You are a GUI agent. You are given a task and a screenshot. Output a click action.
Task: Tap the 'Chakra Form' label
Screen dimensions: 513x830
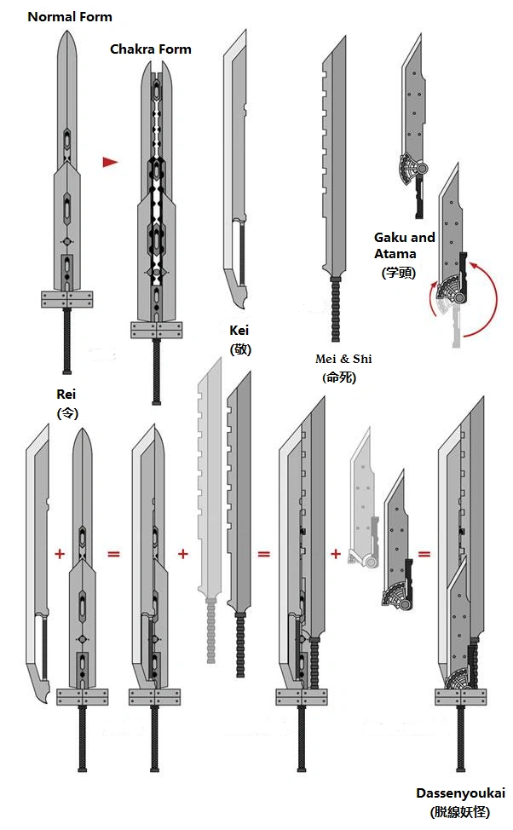[151, 49]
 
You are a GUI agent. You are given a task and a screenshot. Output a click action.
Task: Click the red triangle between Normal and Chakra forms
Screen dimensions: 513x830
[109, 162]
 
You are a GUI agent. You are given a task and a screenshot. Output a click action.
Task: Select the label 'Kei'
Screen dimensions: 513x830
[239, 330]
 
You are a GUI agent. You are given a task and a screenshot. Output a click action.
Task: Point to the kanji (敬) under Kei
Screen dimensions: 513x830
[239, 349]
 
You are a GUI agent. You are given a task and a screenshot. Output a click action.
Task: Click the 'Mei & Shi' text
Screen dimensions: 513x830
[343, 359]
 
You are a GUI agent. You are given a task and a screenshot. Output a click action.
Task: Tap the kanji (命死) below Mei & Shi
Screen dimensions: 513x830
[341, 378]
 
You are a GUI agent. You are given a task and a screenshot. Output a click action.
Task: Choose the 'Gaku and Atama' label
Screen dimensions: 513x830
[404, 245]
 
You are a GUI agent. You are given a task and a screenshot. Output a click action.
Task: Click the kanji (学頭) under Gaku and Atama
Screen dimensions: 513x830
[398, 273]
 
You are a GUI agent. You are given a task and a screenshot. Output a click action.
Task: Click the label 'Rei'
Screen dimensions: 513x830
[66, 394]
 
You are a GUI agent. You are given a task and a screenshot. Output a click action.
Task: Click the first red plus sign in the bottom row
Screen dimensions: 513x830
[60, 554]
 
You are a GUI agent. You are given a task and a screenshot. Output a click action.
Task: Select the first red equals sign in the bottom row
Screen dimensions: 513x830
[113, 554]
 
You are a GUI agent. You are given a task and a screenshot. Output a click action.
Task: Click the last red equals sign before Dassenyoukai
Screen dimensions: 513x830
[424, 554]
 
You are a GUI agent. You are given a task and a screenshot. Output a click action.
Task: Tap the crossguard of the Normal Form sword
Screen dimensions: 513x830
[66, 299]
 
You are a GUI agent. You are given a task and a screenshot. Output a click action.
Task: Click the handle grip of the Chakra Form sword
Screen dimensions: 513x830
[156, 372]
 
